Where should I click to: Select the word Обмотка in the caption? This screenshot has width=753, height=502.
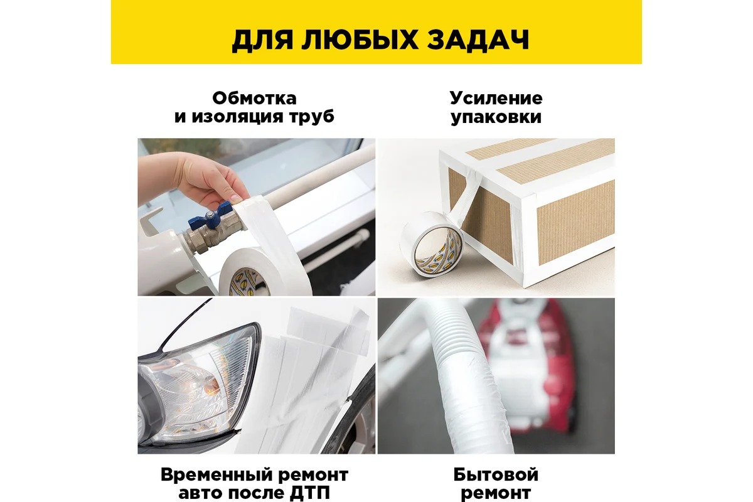pyautogui.click(x=255, y=99)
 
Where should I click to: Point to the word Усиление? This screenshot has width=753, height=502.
pyautogui.click(x=496, y=99)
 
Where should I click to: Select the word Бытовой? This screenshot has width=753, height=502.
pyautogui.click(x=496, y=475)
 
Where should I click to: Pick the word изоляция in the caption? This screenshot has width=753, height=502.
pyautogui.click(x=238, y=117)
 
